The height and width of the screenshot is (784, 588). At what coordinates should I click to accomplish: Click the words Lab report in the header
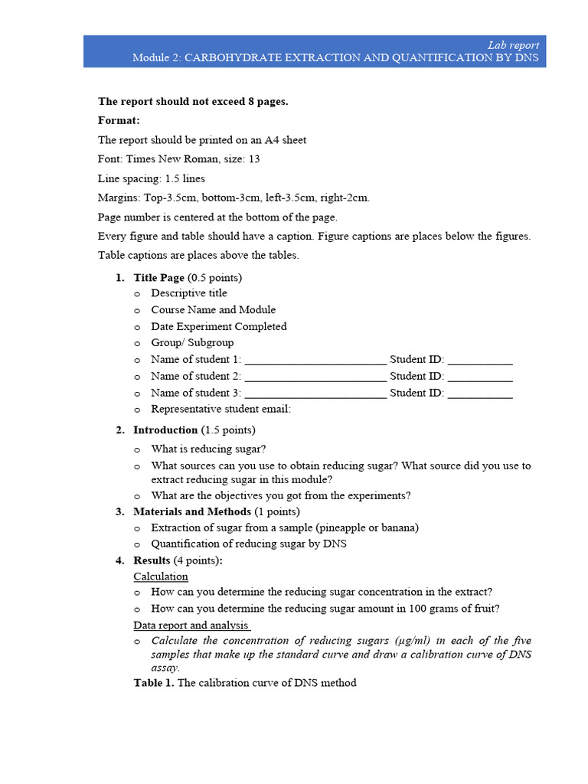pos(513,45)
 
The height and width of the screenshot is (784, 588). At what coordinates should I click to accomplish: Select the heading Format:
pos(119,120)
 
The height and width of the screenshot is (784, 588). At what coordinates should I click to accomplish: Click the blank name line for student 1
pos(315,360)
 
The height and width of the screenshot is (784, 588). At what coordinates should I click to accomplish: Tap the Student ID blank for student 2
pos(479,377)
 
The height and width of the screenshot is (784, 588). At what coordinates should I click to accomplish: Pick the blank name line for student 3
pos(315,394)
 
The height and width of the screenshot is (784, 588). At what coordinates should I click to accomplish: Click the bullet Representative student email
pos(220,409)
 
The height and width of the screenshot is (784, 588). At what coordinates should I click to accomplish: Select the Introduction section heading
pos(165,430)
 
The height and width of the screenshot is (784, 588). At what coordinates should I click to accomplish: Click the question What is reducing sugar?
pos(208,449)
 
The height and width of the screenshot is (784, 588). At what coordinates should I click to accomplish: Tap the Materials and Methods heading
pos(191,511)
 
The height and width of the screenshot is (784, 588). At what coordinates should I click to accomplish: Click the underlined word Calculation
pos(161,577)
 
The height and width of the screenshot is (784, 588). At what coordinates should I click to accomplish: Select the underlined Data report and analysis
pos(191,626)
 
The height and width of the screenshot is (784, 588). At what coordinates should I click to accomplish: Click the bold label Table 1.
pos(154,683)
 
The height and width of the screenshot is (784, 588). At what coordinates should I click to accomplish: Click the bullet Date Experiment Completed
pos(219,326)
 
